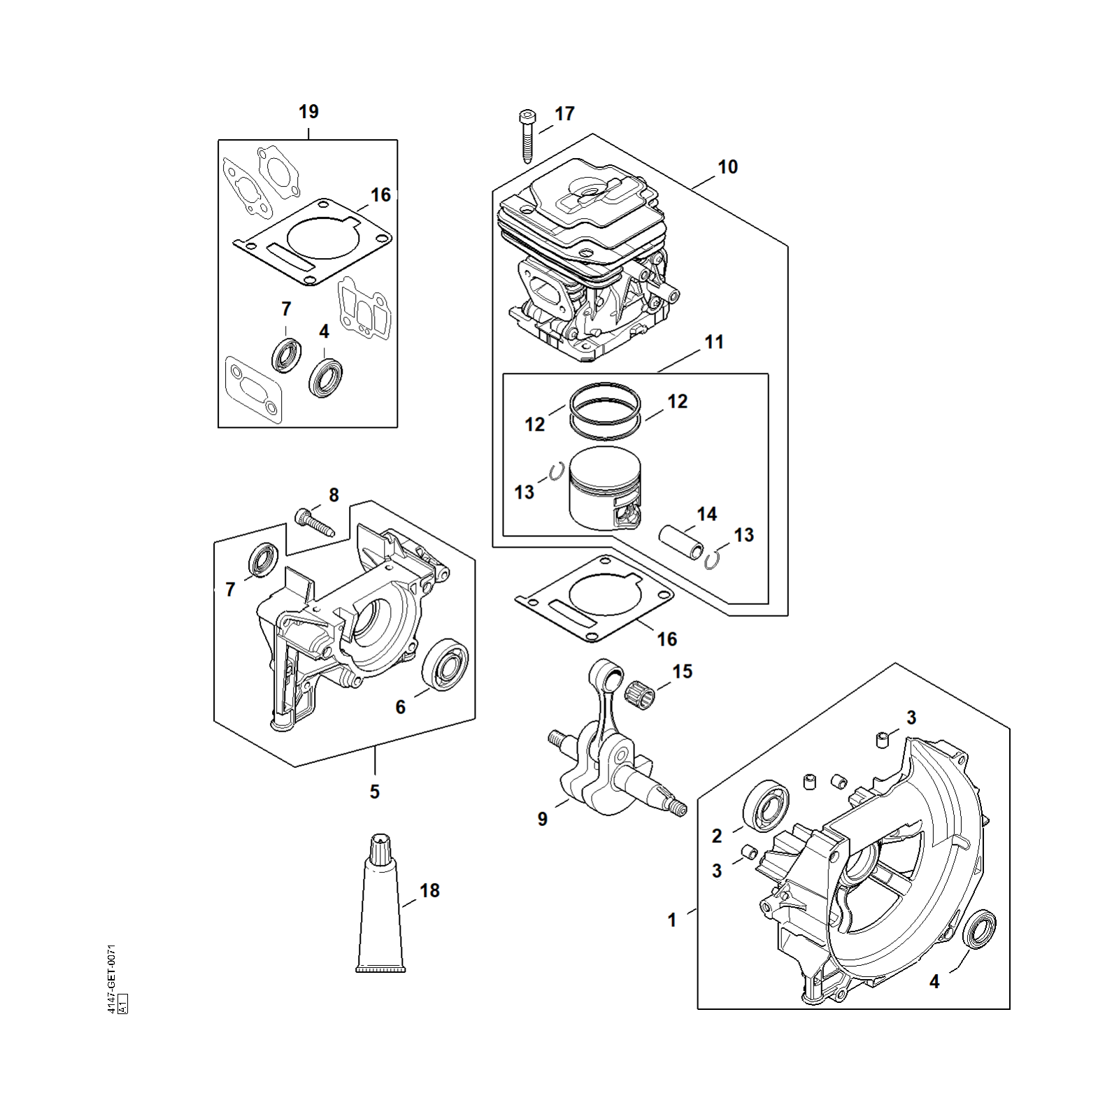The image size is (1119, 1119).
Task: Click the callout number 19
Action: [308, 112]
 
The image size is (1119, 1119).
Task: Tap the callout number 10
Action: [727, 167]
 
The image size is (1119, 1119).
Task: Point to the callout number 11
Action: [713, 342]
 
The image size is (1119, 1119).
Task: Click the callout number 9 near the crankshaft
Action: [543, 819]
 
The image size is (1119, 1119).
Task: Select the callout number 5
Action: [375, 792]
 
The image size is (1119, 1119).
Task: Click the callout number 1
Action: [672, 920]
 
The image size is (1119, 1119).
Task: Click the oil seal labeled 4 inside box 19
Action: [326, 378]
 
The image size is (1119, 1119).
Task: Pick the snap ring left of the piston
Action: [556, 472]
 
